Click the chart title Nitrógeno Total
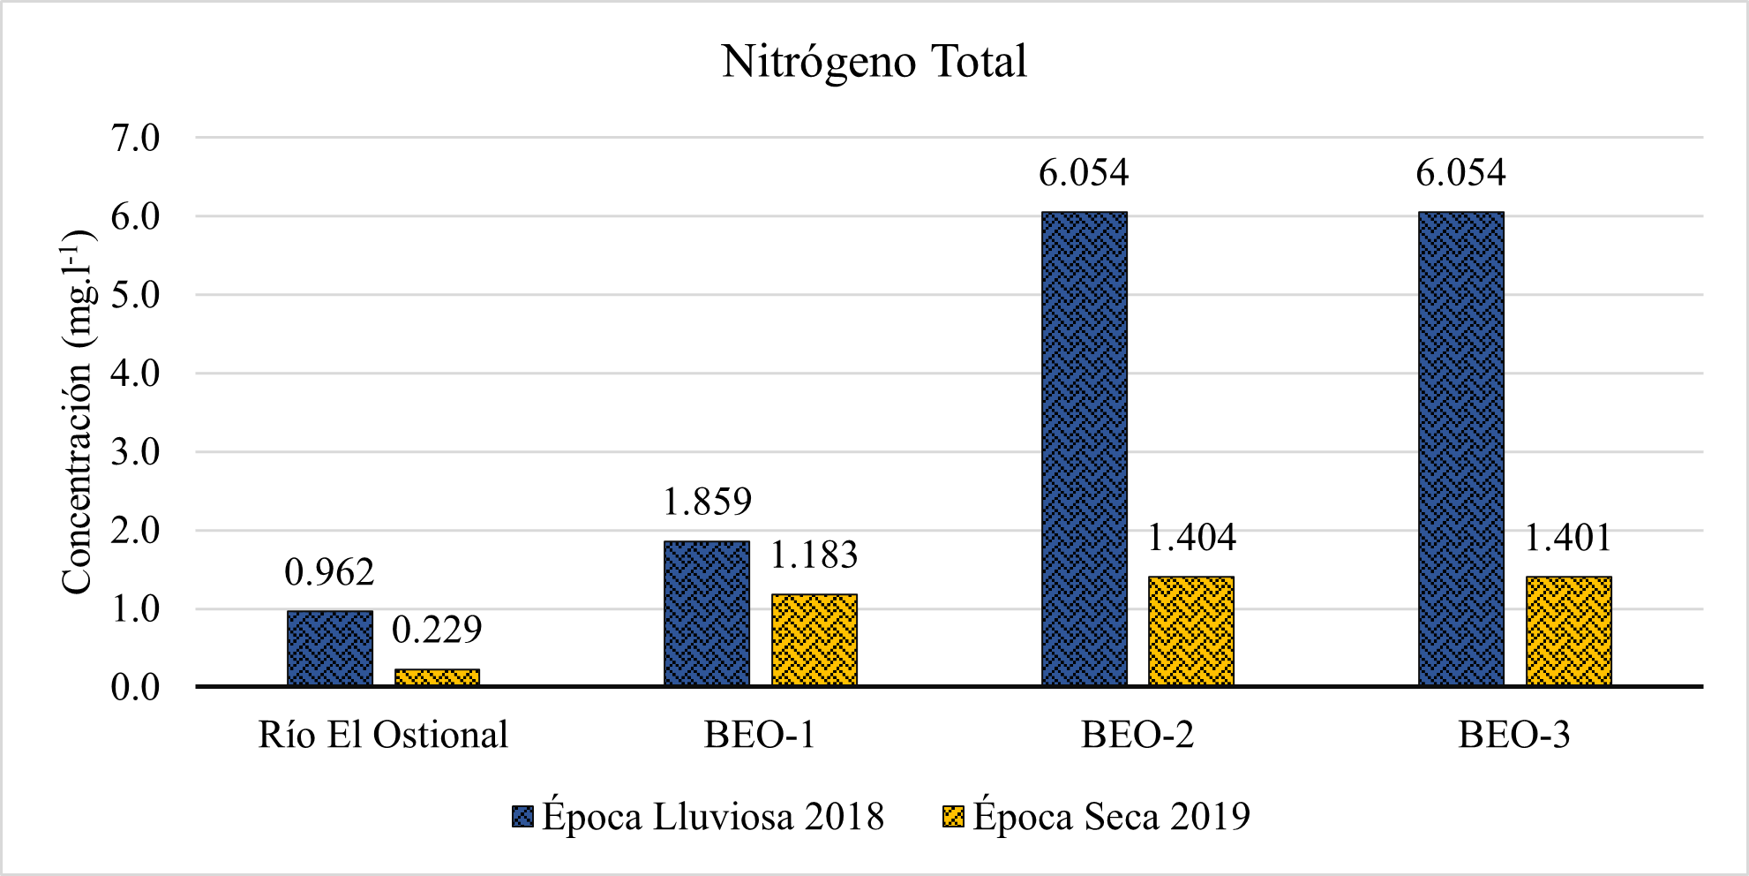(874, 62)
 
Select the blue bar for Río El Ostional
(330, 648)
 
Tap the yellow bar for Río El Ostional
(437, 677)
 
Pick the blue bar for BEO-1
(707, 613)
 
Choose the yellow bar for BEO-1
(814, 639)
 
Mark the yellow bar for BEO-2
(1190, 631)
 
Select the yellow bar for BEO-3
(1568, 631)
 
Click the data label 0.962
(329, 573)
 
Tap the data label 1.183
(814, 555)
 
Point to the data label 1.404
(1191, 538)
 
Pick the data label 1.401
(1568, 538)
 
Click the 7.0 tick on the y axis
(135, 138)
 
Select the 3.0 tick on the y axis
(135, 452)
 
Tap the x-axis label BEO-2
(1137, 735)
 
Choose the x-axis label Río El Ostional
(383, 735)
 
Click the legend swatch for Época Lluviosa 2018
(522, 816)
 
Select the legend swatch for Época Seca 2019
(953, 816)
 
